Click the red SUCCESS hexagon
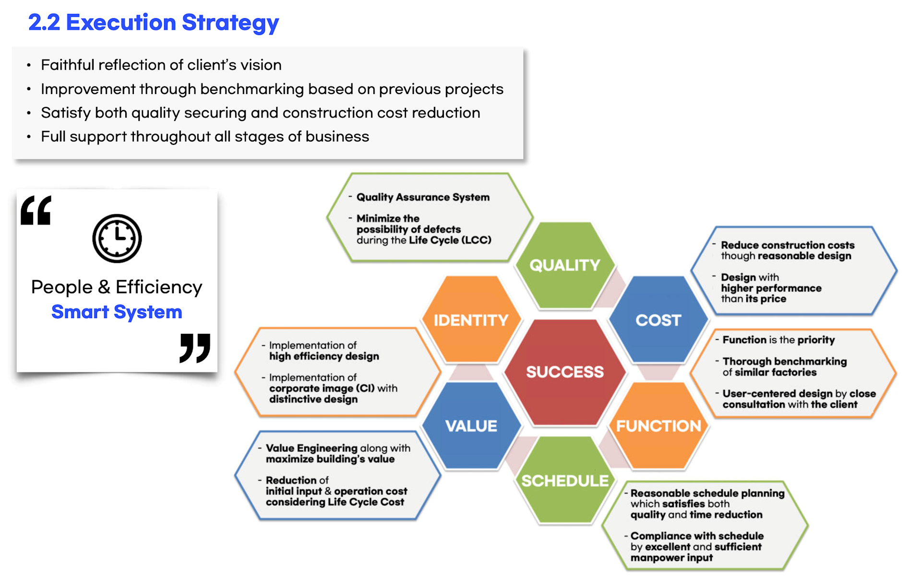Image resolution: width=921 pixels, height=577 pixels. (565, 372)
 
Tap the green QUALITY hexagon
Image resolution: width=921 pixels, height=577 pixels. (565, 265)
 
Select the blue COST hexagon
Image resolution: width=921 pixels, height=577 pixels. (658, 319)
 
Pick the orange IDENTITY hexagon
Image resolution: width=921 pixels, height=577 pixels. (471, 319)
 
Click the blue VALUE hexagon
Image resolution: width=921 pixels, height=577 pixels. (471, 425)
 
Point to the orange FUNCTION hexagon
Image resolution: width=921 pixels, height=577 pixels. (658, 425)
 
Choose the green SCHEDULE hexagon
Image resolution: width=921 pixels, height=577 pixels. (565, 480)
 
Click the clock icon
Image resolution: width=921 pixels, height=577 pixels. (117, 238)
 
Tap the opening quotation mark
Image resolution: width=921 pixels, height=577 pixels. (36, 210)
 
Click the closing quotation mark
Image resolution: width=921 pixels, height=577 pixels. (195, 348)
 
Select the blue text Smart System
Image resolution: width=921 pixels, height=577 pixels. (117, 312)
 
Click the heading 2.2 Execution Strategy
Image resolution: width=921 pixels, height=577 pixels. (154, 23)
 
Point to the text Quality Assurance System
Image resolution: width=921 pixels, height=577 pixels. (423, 197)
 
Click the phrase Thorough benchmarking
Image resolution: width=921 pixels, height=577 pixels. (785, 361)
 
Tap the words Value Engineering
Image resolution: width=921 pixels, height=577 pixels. (311, 448)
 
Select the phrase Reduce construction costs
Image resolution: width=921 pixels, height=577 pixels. (788, 245)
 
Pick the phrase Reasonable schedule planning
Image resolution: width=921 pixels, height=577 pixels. (707, 493)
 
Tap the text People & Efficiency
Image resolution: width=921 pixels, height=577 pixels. (117, 287)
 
